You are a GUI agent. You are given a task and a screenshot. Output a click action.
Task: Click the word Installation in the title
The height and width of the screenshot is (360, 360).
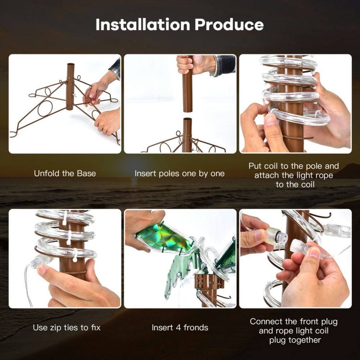143,24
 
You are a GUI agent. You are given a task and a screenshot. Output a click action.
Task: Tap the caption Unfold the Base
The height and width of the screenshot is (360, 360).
65,174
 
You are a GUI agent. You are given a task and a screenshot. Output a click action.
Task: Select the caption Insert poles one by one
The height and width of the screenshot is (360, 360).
180,174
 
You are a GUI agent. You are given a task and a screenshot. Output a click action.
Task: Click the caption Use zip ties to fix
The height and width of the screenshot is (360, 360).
67,328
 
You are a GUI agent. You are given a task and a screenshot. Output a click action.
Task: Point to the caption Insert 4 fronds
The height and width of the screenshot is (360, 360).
180,328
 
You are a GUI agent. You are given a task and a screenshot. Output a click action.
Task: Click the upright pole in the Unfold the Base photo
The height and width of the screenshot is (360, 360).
70,86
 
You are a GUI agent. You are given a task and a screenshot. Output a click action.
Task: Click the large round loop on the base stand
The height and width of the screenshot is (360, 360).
45,108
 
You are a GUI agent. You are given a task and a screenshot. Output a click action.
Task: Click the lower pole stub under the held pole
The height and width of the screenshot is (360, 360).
187,133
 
